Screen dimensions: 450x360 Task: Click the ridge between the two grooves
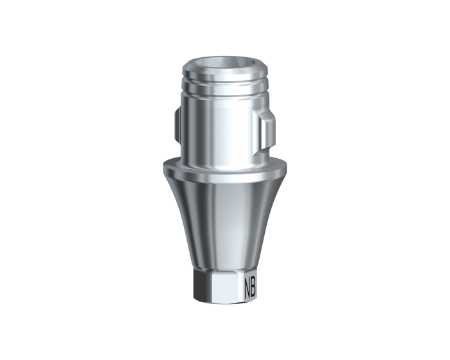(x=225, y=84)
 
